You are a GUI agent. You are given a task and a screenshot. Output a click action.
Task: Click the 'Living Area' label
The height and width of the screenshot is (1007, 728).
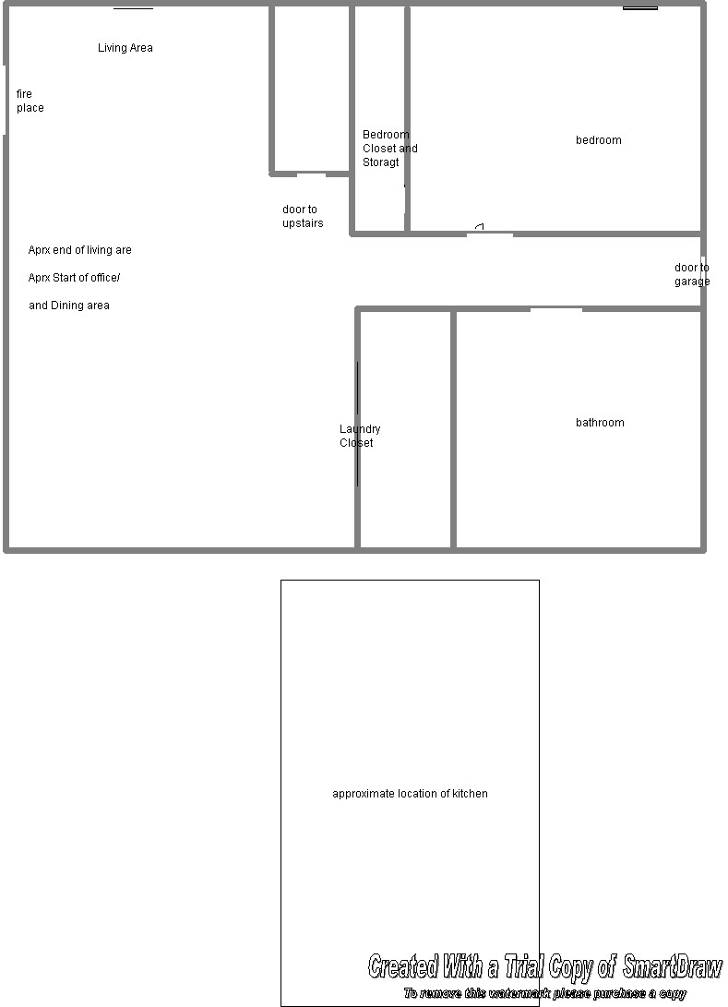125,47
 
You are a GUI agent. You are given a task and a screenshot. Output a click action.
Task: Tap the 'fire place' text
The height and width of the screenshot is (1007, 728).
30,101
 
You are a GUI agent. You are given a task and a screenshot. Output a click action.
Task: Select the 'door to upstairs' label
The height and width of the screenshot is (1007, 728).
303,216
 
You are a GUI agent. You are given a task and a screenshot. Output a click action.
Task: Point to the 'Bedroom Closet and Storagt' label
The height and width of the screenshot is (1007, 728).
389,149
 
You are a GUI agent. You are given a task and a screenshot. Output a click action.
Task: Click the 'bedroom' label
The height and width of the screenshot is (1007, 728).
598,140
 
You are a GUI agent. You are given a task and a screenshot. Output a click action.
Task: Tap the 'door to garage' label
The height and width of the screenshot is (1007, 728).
692,274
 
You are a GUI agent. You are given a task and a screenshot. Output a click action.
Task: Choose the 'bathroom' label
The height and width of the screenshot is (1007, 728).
600,423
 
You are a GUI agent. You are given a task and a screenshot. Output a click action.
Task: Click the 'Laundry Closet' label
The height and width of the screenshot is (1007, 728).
360,436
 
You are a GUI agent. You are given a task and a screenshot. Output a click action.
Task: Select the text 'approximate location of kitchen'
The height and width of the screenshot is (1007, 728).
410,794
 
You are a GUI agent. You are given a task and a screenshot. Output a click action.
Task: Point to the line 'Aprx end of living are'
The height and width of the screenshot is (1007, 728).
79,250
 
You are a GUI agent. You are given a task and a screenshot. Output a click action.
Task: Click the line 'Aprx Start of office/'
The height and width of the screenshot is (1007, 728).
74,278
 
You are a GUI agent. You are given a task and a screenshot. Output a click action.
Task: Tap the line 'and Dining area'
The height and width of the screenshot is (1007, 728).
68,306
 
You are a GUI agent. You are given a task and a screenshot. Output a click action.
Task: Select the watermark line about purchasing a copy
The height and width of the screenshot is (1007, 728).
545,993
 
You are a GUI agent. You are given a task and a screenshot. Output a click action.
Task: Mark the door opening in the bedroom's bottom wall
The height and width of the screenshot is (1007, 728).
490,234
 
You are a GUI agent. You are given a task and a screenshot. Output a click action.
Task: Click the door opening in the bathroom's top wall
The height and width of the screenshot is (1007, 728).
556,309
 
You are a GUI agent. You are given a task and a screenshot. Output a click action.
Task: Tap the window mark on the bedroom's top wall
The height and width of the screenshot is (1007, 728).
640,7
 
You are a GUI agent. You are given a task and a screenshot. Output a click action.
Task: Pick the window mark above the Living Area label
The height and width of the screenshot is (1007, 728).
134,7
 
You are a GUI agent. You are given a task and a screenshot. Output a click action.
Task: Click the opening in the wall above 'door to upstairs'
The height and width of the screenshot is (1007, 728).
311,174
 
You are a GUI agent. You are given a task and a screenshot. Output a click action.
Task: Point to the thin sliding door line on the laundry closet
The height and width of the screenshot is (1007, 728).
358,424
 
